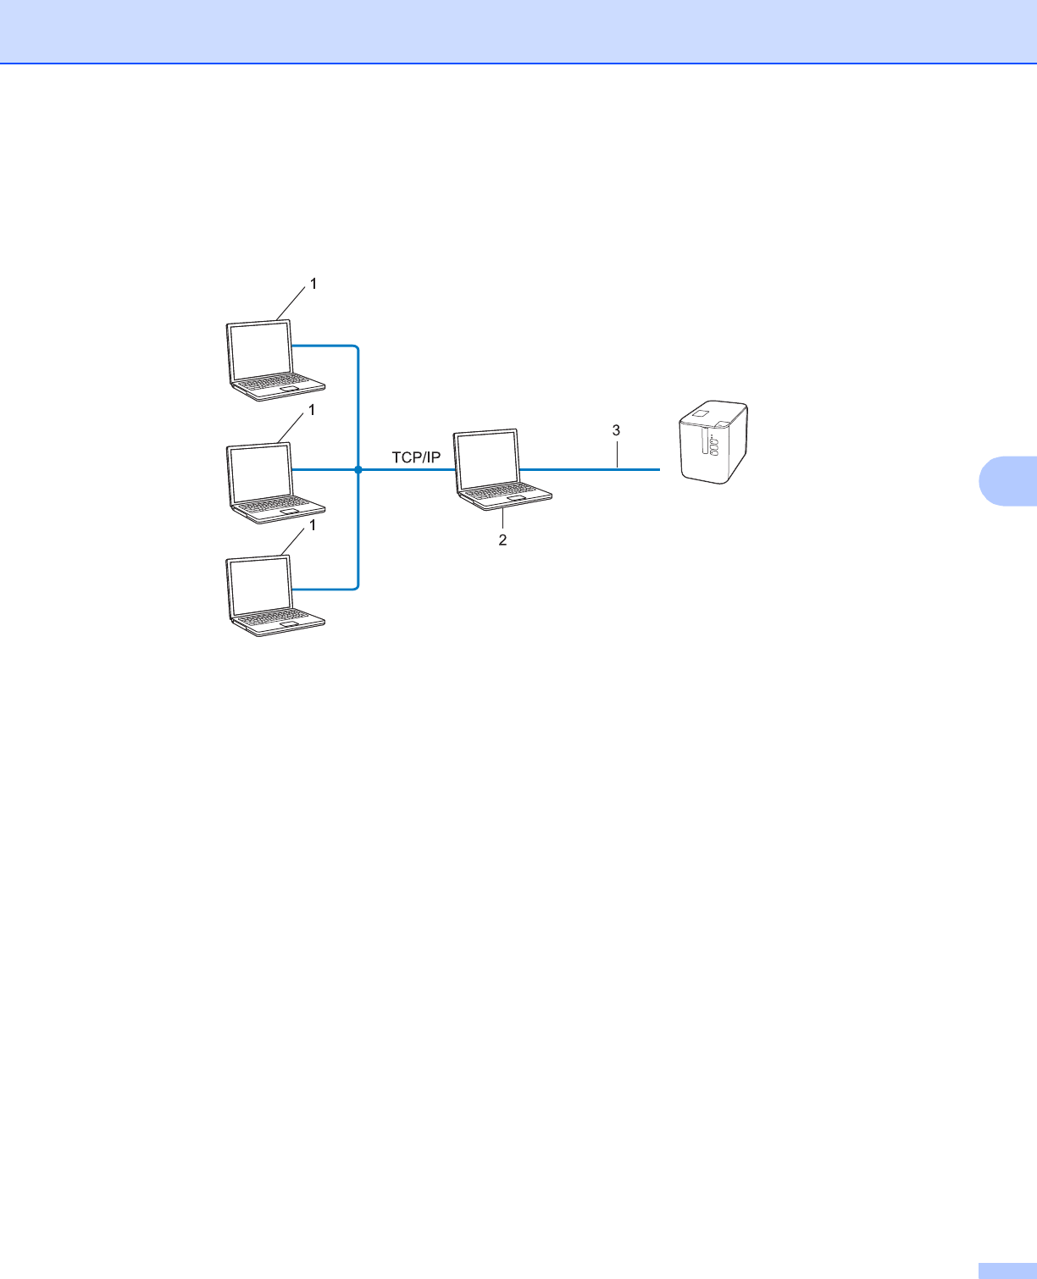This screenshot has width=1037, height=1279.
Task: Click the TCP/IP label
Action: point(416,457)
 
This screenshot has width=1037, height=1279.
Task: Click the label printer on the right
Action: point(713,441)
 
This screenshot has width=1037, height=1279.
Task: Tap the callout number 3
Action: point(617,430)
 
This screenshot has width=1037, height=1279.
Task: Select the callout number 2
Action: point(502,540)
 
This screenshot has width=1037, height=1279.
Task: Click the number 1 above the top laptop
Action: point(313,285)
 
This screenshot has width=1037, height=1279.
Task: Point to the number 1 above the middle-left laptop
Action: point(312,410)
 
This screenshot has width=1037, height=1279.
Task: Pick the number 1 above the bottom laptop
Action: point(312,525)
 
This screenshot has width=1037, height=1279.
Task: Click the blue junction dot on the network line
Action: point(358,469)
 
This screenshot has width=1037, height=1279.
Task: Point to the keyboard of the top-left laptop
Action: point(280,384)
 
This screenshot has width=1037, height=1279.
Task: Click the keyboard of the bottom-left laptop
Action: point(280,617)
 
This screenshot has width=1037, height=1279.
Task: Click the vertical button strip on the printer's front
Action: point(702,446)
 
